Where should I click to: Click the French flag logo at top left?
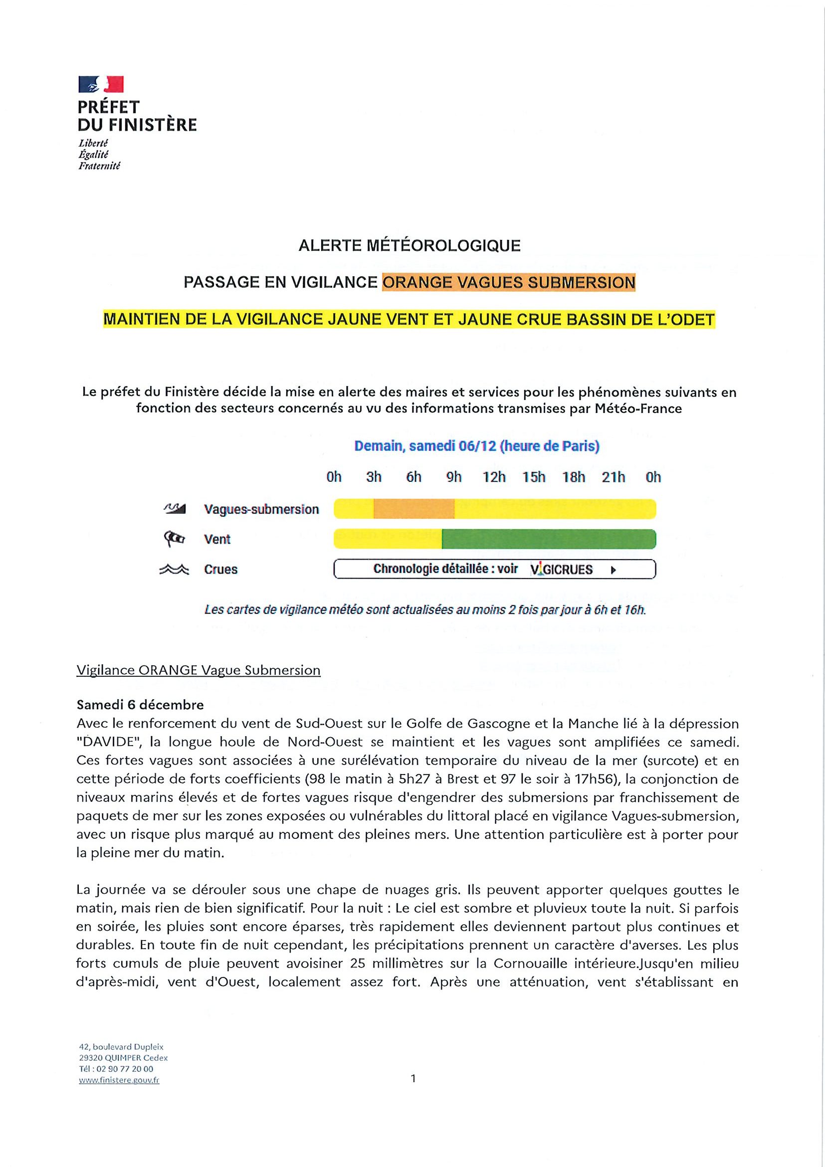click(x=101, y=84)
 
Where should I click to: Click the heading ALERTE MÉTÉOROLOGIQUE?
click(x=409, y=246)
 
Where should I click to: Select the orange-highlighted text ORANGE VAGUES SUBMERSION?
click(x=508, y=283)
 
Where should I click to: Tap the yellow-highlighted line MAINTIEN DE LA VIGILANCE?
click(x=409, y=320)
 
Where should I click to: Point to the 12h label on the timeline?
click(x=494, y=477)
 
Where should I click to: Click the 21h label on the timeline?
click(x=614, y=477)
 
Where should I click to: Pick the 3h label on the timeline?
click(x=374, y=477)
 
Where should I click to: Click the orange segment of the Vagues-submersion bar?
click(x=414, y=509)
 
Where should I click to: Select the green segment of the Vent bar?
click(x=549, y=539)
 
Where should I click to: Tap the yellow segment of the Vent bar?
click(x=388, y=539)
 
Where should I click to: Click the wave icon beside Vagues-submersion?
click(x=175, y=508)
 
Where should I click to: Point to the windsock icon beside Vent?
click(x=175, y=539)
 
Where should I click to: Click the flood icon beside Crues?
click(x=175, y=570)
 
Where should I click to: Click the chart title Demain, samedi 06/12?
click(x=477, y=446)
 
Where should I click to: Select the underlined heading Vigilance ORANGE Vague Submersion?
click(x=198, y=670)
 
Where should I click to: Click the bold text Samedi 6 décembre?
click(x=140, y=705)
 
